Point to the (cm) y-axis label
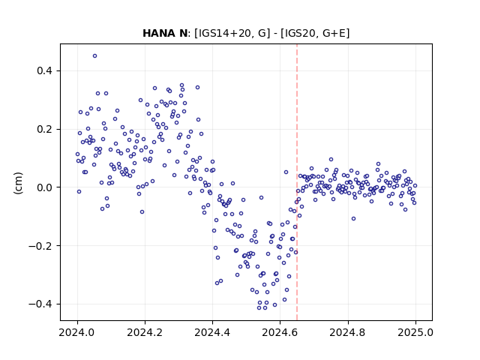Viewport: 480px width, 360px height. point(18,183)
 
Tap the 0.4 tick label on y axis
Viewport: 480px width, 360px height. point(44,70)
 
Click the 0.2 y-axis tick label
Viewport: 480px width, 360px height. point(44,129)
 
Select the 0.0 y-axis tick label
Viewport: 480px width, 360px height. point(44,187)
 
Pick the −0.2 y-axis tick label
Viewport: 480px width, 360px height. point(40,246)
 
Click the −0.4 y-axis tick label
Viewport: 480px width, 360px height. point(40,304)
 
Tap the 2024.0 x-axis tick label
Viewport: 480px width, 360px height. point(77,332)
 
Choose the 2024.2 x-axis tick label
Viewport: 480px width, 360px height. point(145,332)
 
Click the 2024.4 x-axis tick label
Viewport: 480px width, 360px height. point(212,332)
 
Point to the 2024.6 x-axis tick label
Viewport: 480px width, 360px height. point(280,332)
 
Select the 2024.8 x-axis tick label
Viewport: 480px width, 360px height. point(348,332)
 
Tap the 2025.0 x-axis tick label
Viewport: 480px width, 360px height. point(415,332)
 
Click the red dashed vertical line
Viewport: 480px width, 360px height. point(297,182)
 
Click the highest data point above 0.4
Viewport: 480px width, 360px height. point(95,56)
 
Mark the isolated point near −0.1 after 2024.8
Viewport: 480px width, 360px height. point(353,218)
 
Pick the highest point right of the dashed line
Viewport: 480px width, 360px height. point(331,160)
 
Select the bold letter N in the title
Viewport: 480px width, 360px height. point(183,33)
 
